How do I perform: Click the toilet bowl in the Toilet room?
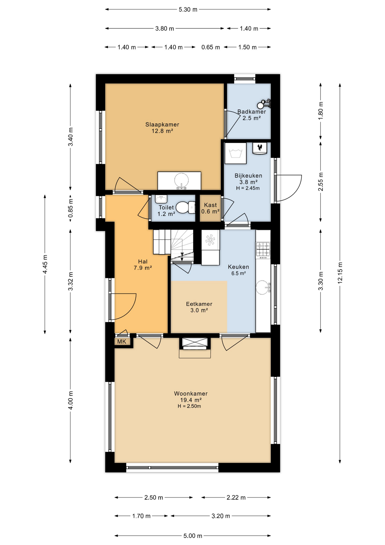click(x=185, y=207)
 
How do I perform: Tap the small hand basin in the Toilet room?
click(x=161, y=199)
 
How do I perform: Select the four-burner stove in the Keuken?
click(x=263, y=250)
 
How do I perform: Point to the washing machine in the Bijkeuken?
click(x=235, y=153)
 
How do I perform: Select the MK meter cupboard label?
click(x=122, y=341)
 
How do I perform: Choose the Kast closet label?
click(x=210, y=205)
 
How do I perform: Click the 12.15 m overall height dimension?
click(x=340, y=273)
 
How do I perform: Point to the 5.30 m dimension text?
click(x=188, y=10)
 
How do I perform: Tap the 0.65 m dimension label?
click(x=211, y=47)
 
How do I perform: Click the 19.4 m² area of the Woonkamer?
click(x=191, y=400)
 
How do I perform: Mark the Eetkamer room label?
click(x=199, y=304)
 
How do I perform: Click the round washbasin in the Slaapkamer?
click(x=181, y=181)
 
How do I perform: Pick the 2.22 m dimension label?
click(x=236, y=498)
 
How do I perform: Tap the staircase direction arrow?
click(x=182, y=256)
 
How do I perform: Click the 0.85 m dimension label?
click(x=71, y=208)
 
